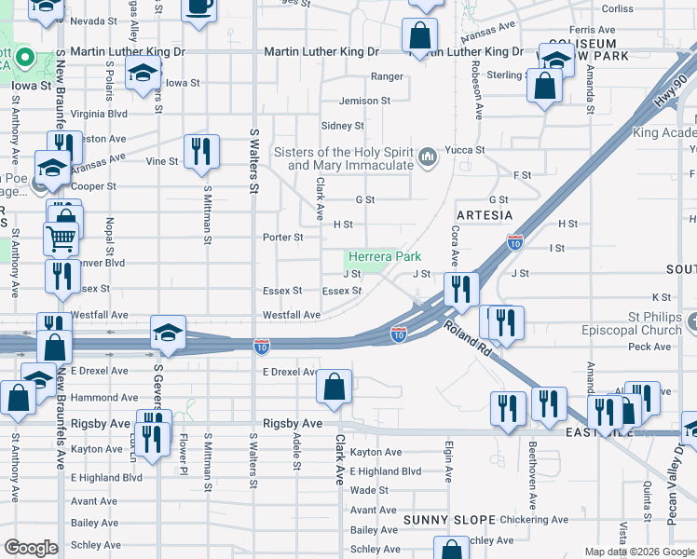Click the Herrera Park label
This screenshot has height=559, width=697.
click(385, 256)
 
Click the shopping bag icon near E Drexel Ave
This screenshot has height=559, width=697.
click(334, 386)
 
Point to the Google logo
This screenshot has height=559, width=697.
click(31, 548)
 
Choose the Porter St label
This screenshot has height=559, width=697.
click(283, 238)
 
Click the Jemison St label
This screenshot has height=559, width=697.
click(365, 101)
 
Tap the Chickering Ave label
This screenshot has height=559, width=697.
click(534, 520)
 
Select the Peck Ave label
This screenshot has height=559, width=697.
click(649, 348)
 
